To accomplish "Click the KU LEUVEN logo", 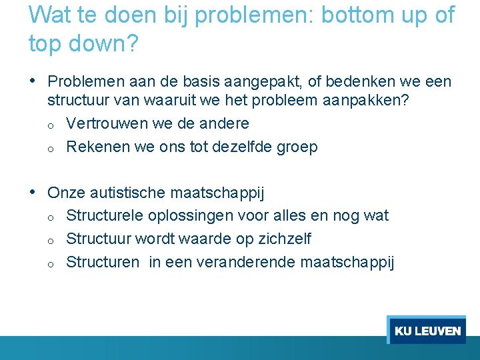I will (x=427, y=331).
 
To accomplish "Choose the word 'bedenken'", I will (x=364, y=83).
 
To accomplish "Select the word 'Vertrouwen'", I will (x=107, y=124).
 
